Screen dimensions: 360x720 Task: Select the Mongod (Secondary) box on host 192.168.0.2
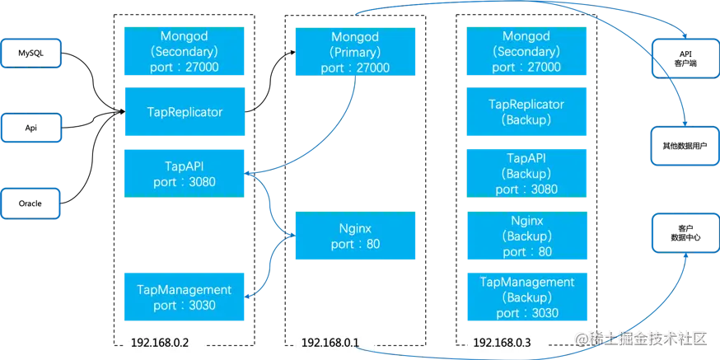[x=184, y=52]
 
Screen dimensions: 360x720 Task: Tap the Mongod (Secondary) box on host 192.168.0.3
[x=526, y=52]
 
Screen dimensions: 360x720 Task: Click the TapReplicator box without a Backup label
[x=184, y=111]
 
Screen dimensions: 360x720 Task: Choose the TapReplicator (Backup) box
[x=526, y=112]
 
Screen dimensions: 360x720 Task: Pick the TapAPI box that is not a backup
[x=184, y=172]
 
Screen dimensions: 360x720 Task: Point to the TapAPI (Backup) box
[x=526, y=172]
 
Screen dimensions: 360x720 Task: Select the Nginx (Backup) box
[x=526, y=235]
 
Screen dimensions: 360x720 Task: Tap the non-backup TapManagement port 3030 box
[x=184, y=297]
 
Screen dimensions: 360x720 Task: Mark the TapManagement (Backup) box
[x=526, y=297]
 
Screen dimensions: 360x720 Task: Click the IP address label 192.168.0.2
[x=165, y=342]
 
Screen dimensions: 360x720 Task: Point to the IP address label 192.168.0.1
[x=333, y=342]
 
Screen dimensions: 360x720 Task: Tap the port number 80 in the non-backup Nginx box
[x=372, y=245]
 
